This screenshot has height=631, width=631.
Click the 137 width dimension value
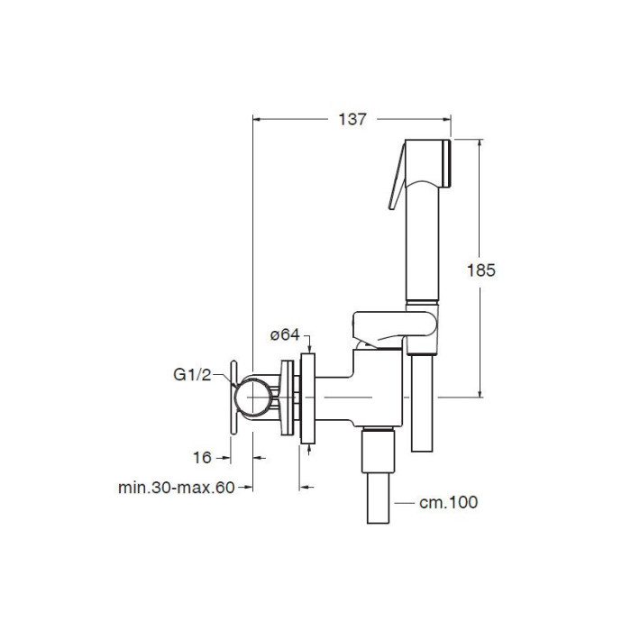pyautogui.click(x=352, y=119)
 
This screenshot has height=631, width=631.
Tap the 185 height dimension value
pyautogui.click(x=480, y=270)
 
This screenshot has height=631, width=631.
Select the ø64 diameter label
pyautogui.click(x=285, y=334)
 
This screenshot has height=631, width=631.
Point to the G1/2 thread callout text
pyautogui.click(x=192, y=375)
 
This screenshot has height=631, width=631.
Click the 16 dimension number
pyautogui.click(x=202, y=458)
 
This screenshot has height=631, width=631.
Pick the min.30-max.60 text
pyautogui.click(x=177, y=488)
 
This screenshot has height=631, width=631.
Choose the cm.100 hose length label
pyautogui.click(x=448, y=502)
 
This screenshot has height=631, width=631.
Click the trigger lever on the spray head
pyautogui.click(x=397, y=177)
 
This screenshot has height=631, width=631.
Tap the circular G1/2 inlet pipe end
pyautogui.click(x=253, y=397)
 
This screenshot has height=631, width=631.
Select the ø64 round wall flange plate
pyautogui.click(x=307, y=398)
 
